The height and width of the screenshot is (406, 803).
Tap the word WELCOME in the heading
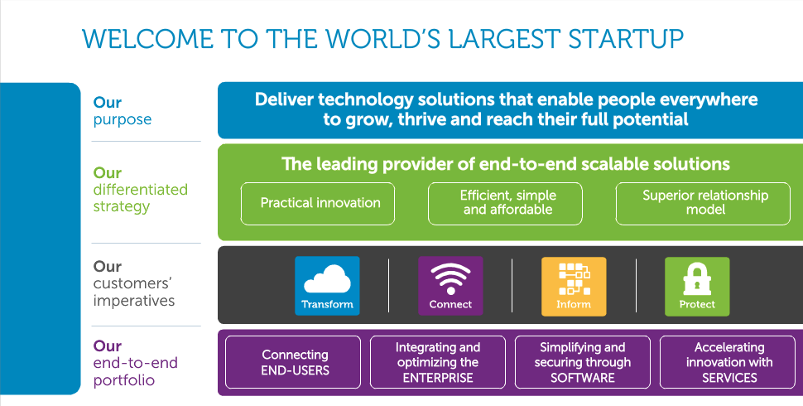click(x=147, y=39)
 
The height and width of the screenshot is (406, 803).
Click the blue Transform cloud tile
click(x=327, y=286)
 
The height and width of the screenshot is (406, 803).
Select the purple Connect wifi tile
click(x=450, y=286)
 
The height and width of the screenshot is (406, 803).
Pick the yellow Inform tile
click(x=574, y=286)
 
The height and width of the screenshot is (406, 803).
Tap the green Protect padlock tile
click(x=697, y=286)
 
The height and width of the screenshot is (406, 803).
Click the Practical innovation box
click(x=318, y=204)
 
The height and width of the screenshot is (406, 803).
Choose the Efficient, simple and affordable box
click(x=505, y=204)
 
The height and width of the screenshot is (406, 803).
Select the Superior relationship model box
click(x=703, y=204)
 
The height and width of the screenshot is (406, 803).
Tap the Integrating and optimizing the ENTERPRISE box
click(x=438, y=362)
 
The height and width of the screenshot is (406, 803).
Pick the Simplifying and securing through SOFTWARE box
click(x=582, y=362)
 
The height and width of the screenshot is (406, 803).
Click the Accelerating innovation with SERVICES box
click(x=727, y=362)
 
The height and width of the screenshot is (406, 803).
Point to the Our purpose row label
click(x=123, y=111)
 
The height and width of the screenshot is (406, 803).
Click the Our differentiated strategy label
click(x=141, y=189)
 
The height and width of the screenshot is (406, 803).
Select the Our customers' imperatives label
click(x=133, y=283)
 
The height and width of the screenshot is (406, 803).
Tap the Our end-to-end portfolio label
click(x=135, y=362)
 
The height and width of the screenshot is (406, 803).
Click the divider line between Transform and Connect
click(x=389, y=286)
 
